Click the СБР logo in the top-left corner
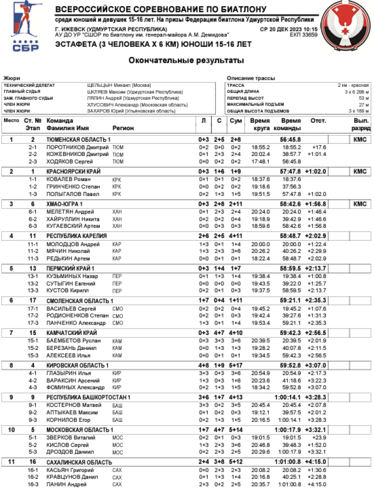[23, 27]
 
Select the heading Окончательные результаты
[187, 61]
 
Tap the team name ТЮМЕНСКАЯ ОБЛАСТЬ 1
[78, 140]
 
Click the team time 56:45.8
[291, 140]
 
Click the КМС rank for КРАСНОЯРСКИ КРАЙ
[360, 171]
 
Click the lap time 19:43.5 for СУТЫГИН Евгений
[260, 283]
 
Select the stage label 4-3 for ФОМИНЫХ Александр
[33, 387]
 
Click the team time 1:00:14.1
[287, 397]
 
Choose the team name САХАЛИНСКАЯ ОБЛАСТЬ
[76, 462]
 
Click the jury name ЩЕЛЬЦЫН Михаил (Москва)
[119, 85]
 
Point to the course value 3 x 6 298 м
[356, 92]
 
